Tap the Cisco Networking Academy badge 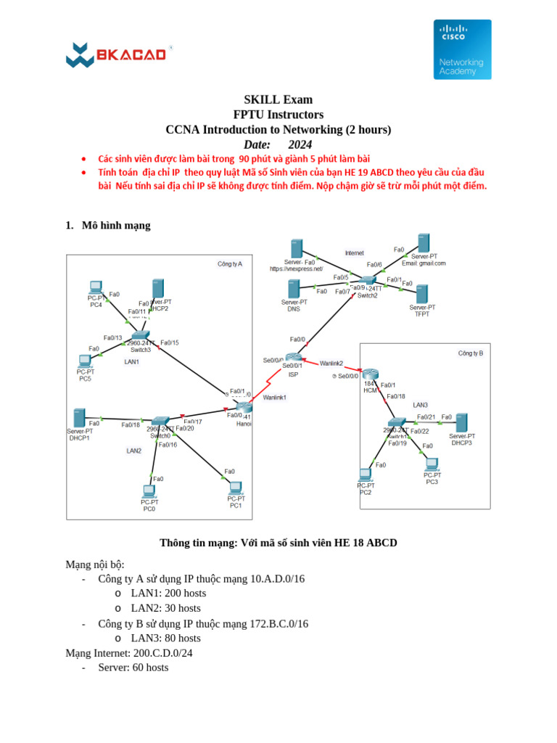pos(462,49)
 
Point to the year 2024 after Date pos(300,145)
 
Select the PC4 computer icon pos(95,287)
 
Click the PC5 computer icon pos(85,361)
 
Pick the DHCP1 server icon pos(78,418)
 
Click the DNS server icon pos(294,290)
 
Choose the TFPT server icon pos(421,294)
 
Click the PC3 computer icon pos(432,464)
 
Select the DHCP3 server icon pos(461,423)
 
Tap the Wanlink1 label pos(275,398)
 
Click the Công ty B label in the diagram pos(470,353)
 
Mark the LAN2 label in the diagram pos(133,451)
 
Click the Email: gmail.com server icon pos(424,244)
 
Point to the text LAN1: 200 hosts pos(168,593)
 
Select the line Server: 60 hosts pos(133,668)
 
